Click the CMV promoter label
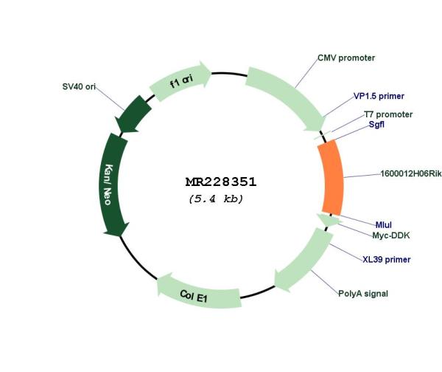346,58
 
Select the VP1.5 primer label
379,96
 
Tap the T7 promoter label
388,114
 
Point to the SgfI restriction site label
376,124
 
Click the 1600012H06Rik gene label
411,173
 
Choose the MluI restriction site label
383,225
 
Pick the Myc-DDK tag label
391,235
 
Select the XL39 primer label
387,259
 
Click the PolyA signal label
363,294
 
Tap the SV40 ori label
79,86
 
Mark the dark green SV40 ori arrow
132,114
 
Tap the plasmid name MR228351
221,182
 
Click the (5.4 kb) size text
216,199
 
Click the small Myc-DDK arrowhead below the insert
328,220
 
